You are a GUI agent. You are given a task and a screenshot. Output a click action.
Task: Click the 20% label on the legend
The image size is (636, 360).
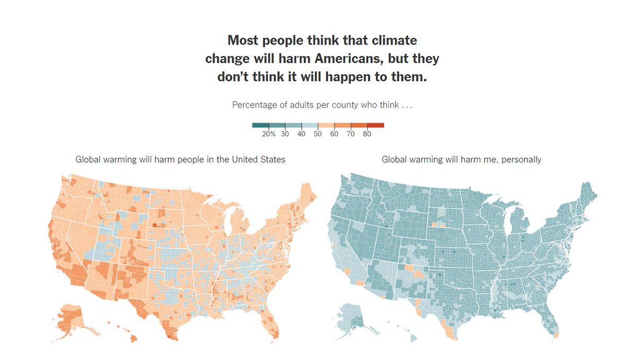pos(269,134)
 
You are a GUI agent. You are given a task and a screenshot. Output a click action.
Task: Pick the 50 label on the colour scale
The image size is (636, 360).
pos(318,134)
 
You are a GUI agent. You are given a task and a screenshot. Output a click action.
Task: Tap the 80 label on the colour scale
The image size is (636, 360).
pos(367,134)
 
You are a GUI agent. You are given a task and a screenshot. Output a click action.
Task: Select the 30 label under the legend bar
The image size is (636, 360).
pos(285,134)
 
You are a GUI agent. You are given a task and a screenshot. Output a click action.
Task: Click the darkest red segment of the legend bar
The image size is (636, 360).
pos(375,125)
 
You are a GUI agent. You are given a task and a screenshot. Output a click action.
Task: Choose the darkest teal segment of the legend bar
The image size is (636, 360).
pos(260,125)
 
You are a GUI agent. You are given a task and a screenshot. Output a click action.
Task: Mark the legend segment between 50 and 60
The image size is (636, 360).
pos(326,125)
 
